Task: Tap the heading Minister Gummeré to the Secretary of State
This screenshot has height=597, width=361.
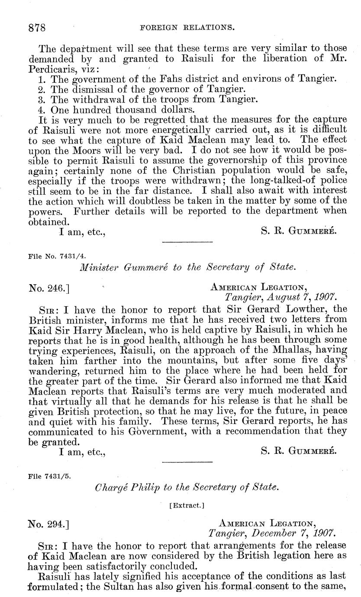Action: (x=188, y=267)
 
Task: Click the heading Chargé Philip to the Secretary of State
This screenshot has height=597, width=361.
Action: (x=186, y=488)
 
